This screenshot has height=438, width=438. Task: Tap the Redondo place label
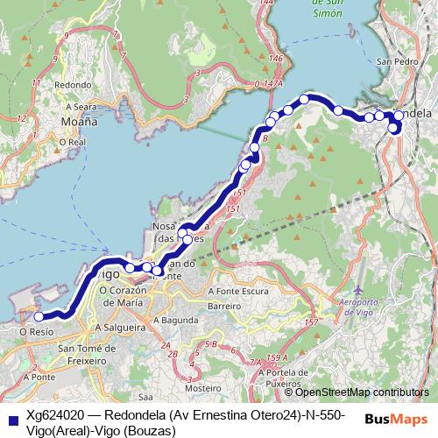coord(74,85)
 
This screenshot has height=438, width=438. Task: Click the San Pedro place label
coord(393,62)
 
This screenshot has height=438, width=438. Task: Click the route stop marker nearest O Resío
coord(39,317)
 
